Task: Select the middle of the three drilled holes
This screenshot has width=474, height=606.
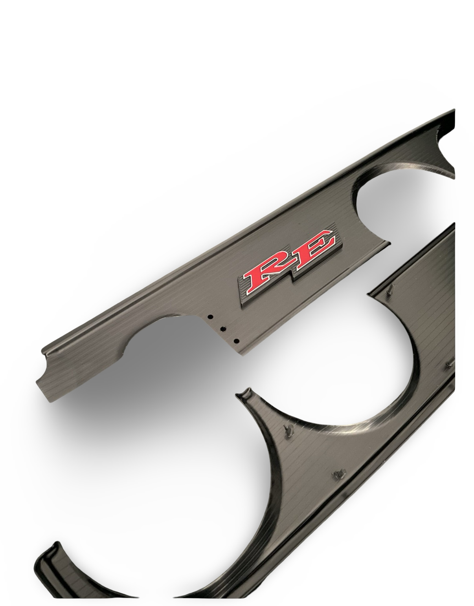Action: pyautogui.click(x=223, y=329)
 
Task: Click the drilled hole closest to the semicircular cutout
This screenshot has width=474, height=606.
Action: pyautogui.click(x=210, y=316)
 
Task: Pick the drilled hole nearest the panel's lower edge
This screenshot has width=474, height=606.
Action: pyautogui.click(x=236, y=341)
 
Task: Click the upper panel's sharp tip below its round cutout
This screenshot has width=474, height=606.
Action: pyautogui.click(x=387, y=244)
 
